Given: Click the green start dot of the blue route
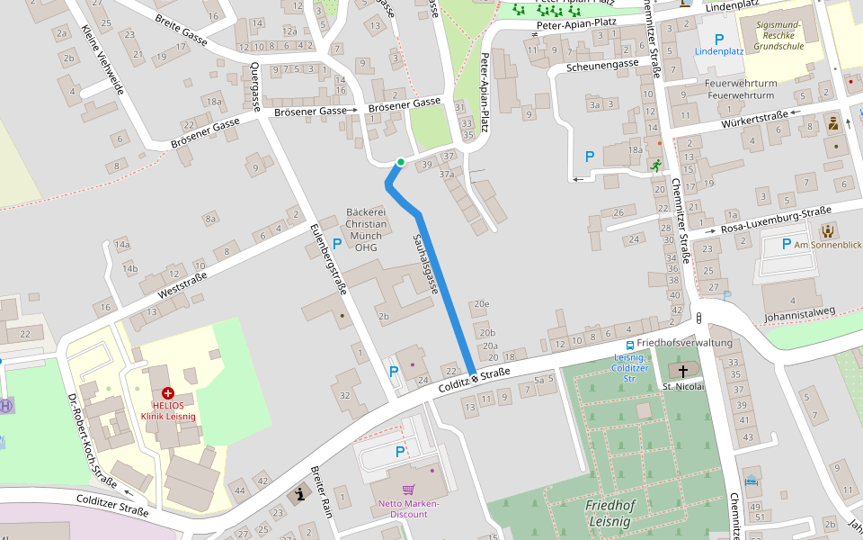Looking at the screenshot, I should pyautogui.click(x=400, y=162).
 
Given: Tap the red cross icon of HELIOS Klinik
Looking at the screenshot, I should pyautogui.click(x=167, y=393).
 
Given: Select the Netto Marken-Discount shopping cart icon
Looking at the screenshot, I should pyautogui.click(x=408, y=490).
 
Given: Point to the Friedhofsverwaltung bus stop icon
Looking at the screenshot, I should pyautogui.click(x=629, y=344).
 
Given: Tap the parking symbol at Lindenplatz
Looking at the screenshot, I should pyautogui.click(x=718, y=39).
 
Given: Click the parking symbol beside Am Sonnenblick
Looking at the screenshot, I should pyautogui.click(x=786, y=244).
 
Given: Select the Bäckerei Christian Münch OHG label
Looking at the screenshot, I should pyautogui.click(x=366, y=229).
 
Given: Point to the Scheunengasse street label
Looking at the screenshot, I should pyautogui.click(x=602, y=65).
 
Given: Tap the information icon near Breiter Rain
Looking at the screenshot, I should pyautogui.click(x=299, y=493).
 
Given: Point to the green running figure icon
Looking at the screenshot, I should pyautogui.click(x=656, y=166).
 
